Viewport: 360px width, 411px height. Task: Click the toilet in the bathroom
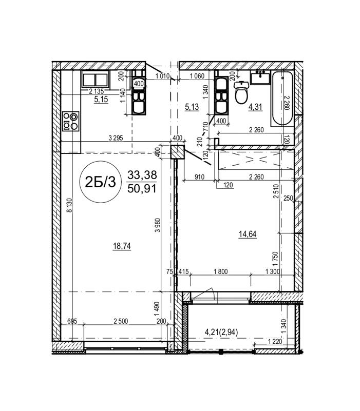(241, 92)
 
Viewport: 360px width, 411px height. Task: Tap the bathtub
(282, 99)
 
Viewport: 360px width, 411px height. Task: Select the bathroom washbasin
(260, 77)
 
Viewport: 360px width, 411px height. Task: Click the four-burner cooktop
(70, 121)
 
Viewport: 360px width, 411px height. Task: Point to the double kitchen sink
(96, 79)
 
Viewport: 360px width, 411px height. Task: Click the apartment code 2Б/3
(100, 182)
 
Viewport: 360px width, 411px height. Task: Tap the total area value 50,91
(142, 189)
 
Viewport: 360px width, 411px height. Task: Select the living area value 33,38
(142, 175)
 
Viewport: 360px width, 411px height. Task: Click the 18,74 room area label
(122, 246)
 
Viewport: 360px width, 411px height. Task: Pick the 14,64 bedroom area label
(248, 234)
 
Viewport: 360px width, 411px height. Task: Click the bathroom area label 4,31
(255, 107)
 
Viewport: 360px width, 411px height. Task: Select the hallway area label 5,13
(192, 107)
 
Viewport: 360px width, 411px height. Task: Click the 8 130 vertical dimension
(69, 205)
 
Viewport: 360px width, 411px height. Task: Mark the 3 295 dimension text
(116, 138)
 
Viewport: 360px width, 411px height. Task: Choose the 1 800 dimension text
(221, 271)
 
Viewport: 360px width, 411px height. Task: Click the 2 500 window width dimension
(121, 321)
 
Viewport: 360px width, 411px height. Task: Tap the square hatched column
(178, 152)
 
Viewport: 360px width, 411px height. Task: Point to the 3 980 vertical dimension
(158, 225)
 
